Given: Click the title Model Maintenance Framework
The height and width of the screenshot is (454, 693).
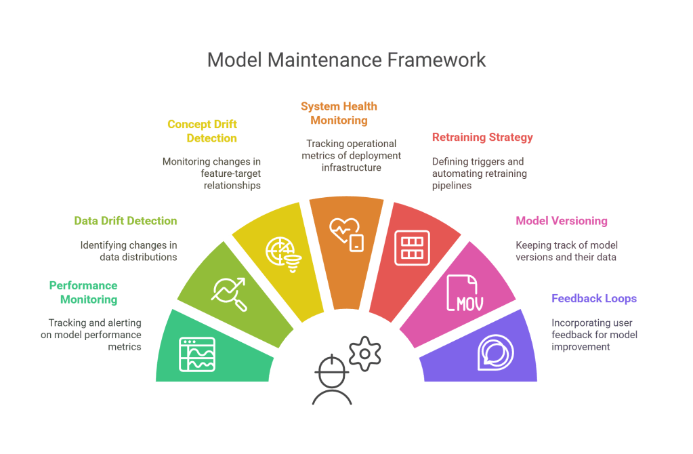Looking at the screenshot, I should tap(346, 60).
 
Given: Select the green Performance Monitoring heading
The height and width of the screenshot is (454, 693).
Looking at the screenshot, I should tap(83, 292).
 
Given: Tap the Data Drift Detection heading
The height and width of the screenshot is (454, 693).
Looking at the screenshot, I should tap(125, 221).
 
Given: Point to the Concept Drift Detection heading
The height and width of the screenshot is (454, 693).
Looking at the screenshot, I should tap(202, 131).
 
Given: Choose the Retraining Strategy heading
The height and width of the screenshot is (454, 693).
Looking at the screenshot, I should tap(482, 138).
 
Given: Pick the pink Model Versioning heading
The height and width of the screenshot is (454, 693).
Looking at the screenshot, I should tap(562, 221).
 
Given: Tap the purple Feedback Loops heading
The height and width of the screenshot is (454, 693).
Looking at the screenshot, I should tap(594, 298).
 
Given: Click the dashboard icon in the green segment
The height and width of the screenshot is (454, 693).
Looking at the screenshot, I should tap(197, 354).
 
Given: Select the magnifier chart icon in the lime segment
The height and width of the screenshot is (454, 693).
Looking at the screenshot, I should tap(229, 293).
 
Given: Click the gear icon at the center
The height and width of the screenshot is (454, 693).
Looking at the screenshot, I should tap(365, 352).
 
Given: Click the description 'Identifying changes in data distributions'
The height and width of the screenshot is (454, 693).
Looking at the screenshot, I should tap(129, 251).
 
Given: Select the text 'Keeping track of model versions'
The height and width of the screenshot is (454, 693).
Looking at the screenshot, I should tap(566, 251).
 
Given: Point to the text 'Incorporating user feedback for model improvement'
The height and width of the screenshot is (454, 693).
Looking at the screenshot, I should tap(594, 335).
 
